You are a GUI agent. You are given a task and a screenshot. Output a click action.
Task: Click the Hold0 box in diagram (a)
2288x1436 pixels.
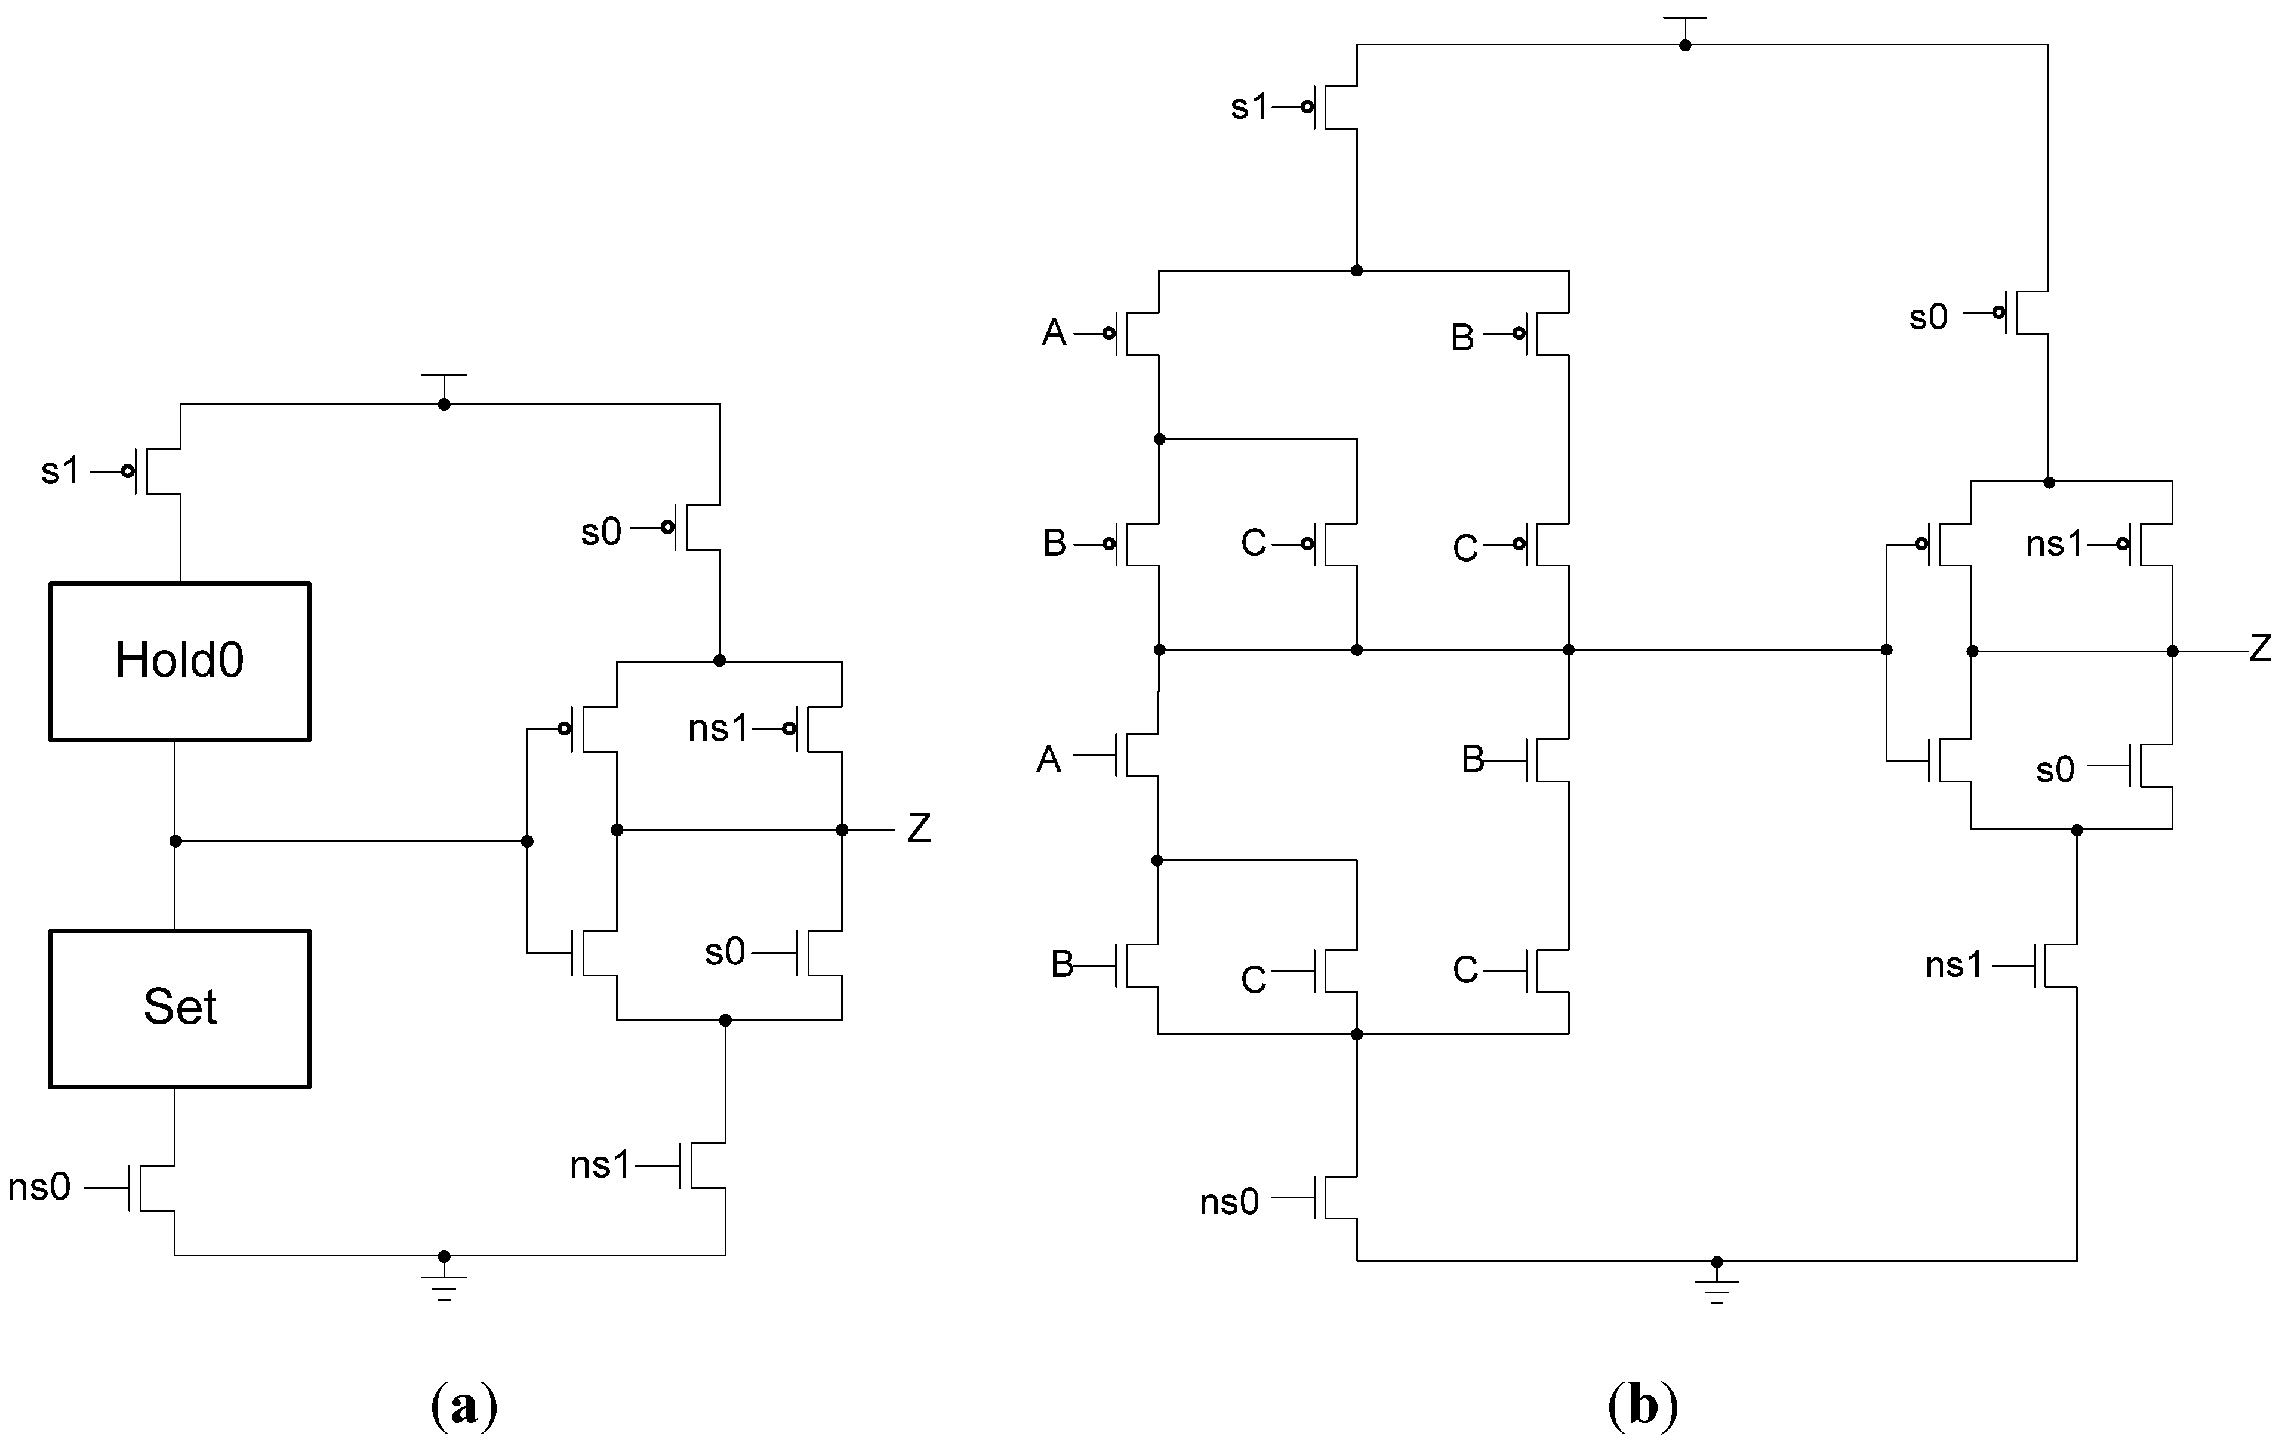180,661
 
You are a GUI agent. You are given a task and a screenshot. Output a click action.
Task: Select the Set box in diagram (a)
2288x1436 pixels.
180,1007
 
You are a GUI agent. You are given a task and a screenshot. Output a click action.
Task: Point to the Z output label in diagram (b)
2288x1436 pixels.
2261,649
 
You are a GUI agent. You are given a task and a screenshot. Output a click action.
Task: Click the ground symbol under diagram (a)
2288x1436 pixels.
444,1284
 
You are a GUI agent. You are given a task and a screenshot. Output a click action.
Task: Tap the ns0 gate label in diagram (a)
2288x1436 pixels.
39,1187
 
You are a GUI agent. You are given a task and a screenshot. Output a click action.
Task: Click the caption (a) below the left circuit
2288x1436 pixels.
463,1404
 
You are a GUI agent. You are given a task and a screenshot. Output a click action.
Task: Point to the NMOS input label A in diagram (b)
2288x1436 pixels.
1049,759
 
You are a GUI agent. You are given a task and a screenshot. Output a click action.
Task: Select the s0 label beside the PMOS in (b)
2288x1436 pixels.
1928,317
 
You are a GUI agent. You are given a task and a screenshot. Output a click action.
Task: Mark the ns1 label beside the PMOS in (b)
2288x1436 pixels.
2055,544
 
